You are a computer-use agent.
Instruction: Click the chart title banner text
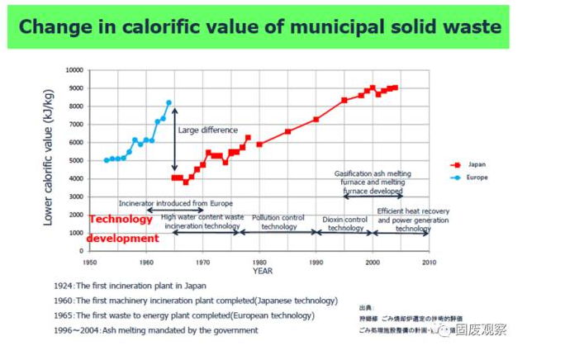259,27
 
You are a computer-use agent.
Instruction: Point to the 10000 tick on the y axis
74,70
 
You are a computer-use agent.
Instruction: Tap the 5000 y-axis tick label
76,160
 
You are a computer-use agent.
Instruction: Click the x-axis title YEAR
263,271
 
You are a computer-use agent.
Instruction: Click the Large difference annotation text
207,130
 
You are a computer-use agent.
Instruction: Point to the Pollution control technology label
278,222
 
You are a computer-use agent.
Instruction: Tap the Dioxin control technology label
345,224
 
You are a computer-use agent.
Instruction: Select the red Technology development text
123,229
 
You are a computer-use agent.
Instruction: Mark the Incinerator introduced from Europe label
175,202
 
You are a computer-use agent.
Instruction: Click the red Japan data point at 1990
316,120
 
